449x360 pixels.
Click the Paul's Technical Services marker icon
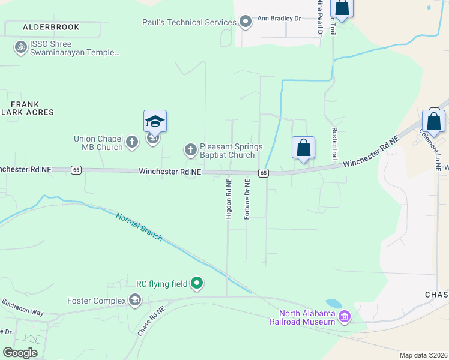pyautogui.click(x=245, y=23)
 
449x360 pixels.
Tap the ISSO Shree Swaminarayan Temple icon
pyautogui.click(x=21, y=46)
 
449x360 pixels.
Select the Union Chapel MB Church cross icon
pyautogui.click(x=133, y=143)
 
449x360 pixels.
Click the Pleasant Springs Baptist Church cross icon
pyautogui.click(x=190, y=149)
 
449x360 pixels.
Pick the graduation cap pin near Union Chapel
pyautogui.click(x=155, y=122)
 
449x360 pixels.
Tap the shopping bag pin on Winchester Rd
pyautogui.click(x=304, y=148)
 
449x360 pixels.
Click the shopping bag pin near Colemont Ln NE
pyautogui.click(x=434, y=121)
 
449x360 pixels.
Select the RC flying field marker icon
pyautogui.click(x=197, y=283)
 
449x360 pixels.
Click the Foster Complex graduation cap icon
pyautogui.click(x=135, y=300)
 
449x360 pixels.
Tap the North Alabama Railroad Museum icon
pyautogui.click(x=345, y=316)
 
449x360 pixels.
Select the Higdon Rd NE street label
pyautogui.click(x=228, y=198)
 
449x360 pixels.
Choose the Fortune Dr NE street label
pyautogui.click(x=247, y=198)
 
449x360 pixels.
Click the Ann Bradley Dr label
pyautogui.click(x=279, y=19)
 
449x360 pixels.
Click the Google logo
pyautogui.click(x=20, y=353)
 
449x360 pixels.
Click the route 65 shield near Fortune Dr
pyautogui.click(x=263, y=173)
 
